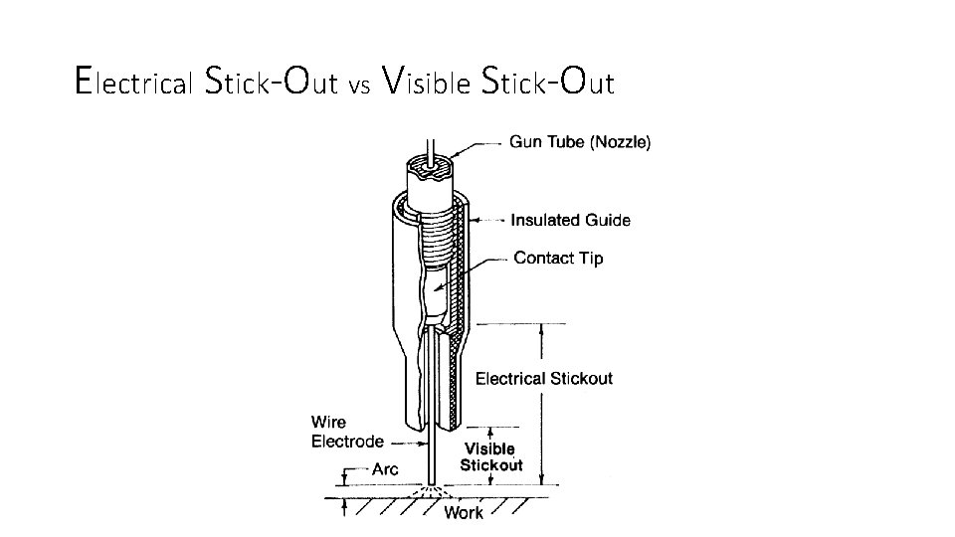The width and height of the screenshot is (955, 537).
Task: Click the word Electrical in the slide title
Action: [133, 82]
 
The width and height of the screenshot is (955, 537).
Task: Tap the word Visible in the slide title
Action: [427, 82]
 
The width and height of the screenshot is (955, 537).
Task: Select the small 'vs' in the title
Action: [360, 87]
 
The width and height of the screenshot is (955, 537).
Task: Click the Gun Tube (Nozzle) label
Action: [580, 142]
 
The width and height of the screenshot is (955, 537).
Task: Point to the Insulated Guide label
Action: [570, 220]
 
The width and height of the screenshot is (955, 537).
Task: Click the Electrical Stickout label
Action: [543, 378]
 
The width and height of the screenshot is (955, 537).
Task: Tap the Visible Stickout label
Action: [490, 457]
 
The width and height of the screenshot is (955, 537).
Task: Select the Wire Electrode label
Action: [347, 433]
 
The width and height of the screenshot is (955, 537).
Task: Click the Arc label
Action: [384, 468]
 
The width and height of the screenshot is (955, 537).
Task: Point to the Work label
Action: [464, 513]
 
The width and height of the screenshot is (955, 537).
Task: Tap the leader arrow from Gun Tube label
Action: [477, 144]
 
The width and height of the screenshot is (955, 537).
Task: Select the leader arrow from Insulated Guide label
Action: [487, 220]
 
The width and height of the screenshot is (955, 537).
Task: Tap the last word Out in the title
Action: [588, 82]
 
